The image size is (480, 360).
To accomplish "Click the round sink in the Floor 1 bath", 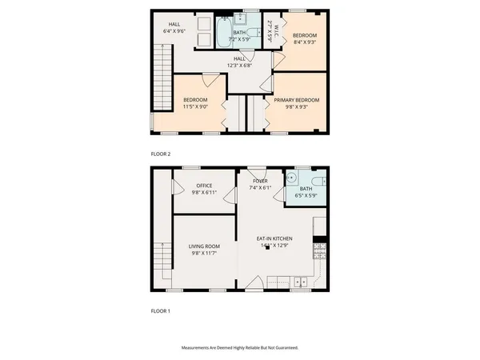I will point(294,179).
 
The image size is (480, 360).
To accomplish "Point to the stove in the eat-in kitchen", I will point(319,252).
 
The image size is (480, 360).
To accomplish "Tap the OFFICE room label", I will point(204,186).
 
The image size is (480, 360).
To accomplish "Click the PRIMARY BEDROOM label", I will point(297,100).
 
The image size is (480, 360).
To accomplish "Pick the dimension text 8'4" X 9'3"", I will point(304,43).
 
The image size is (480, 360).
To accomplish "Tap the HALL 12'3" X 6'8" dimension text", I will point(239,65).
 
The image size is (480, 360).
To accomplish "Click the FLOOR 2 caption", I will point(161,154).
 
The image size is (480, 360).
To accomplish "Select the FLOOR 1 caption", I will point(161,310).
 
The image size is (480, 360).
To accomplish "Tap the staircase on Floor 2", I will point(163,72).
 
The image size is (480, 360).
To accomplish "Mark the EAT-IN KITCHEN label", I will point(274,239).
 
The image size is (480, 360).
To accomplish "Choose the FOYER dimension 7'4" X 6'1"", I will point(261,188).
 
